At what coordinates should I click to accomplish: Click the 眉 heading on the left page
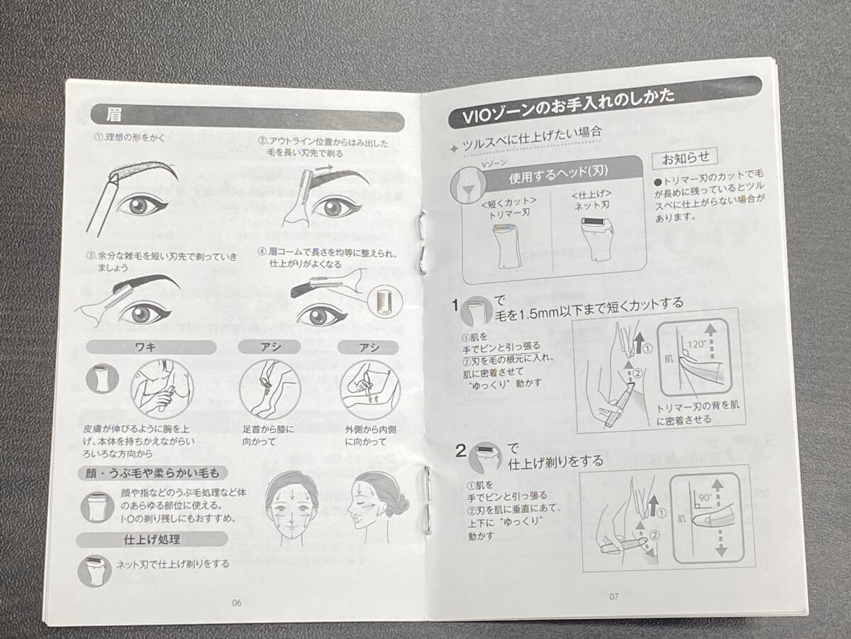(113, 115)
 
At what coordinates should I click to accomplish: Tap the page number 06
(236, 603)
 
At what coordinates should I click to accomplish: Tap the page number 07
(613, 596)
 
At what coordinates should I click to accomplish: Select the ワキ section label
(145, 347)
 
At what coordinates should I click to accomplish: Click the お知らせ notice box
(686, 158)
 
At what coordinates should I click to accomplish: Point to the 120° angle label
(696, 344)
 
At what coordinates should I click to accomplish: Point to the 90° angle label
(705, 498)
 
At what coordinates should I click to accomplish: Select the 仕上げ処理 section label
(152, 540)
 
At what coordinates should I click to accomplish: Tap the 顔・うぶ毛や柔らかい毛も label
(152, 473)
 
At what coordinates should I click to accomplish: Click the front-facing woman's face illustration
(292, 509)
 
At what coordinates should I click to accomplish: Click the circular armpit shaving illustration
(162, 389)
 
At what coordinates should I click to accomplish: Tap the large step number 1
(455, 306)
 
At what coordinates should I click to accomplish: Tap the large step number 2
(462, 451)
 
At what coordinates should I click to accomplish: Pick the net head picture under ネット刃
(596, 239)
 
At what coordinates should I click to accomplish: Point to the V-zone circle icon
(468, 185)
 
